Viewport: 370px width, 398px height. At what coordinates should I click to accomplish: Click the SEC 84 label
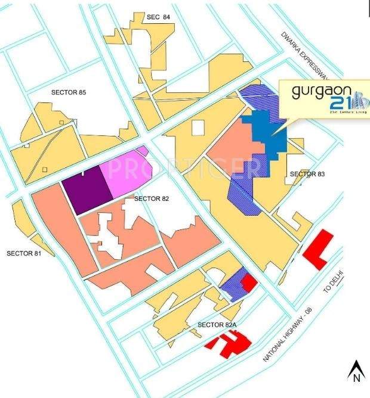click(x=158, y=17)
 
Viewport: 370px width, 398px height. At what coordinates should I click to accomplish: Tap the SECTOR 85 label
click(x=69, y=92)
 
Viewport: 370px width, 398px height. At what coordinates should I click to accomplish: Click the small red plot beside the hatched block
click(x=248, y=281)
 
